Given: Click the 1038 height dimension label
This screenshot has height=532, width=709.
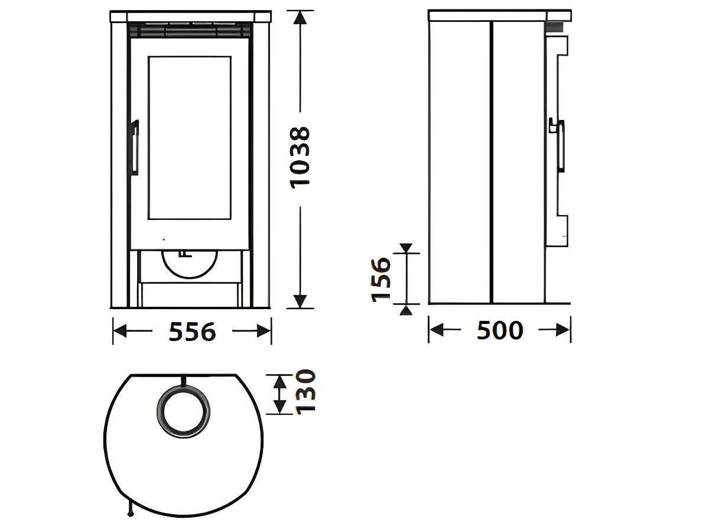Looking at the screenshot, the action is point(301,158).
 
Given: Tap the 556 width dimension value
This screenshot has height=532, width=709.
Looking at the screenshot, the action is point(192,332).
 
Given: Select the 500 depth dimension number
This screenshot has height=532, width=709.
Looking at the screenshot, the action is point(500,330).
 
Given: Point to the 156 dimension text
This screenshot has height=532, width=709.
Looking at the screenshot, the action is point(382,280).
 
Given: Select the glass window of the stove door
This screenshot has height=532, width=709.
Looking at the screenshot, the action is point(190,138).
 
